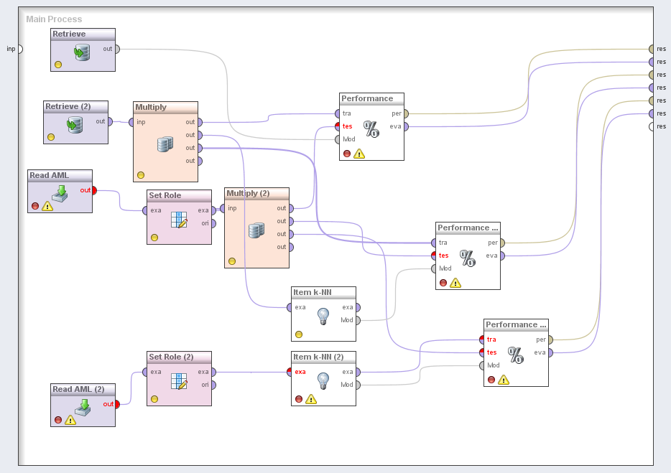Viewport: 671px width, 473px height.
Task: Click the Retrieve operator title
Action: [x=69, y=34]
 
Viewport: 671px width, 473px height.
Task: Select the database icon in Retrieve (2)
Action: [x=75, y=126]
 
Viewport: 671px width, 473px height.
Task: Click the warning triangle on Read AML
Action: [x=47, y=206]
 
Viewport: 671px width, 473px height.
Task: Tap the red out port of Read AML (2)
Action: [x=117, y=403]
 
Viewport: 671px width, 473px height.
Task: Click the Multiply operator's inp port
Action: [x=131, y=122]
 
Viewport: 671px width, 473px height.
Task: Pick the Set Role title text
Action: [x=165, y=195]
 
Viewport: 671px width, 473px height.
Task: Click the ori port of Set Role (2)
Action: [x=213, y=385]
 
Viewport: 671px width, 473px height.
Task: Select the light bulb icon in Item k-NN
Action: [x=323, y=317]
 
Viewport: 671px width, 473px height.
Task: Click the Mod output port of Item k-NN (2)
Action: [x=358, y=385]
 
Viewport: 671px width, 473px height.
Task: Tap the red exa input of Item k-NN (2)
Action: [x=290, y=372]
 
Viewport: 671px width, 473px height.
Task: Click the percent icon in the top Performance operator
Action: [x=371, y=129]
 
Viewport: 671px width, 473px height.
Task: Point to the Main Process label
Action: [x=54, y=19]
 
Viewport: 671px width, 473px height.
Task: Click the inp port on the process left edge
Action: [x=19, y=50]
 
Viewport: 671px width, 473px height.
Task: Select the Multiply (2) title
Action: [x=248, y=193]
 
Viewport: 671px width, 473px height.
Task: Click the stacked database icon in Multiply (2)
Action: [x=256, y=230]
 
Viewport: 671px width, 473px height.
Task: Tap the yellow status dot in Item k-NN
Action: [x=299, y=334]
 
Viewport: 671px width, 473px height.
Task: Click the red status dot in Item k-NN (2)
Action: [x=299, y=399]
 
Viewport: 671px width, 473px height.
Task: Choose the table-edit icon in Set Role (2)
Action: [x=179, y=381]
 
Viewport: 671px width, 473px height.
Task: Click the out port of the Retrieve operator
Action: [x=117, y=50]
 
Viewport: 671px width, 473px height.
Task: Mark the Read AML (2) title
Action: [x=78, y=389]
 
